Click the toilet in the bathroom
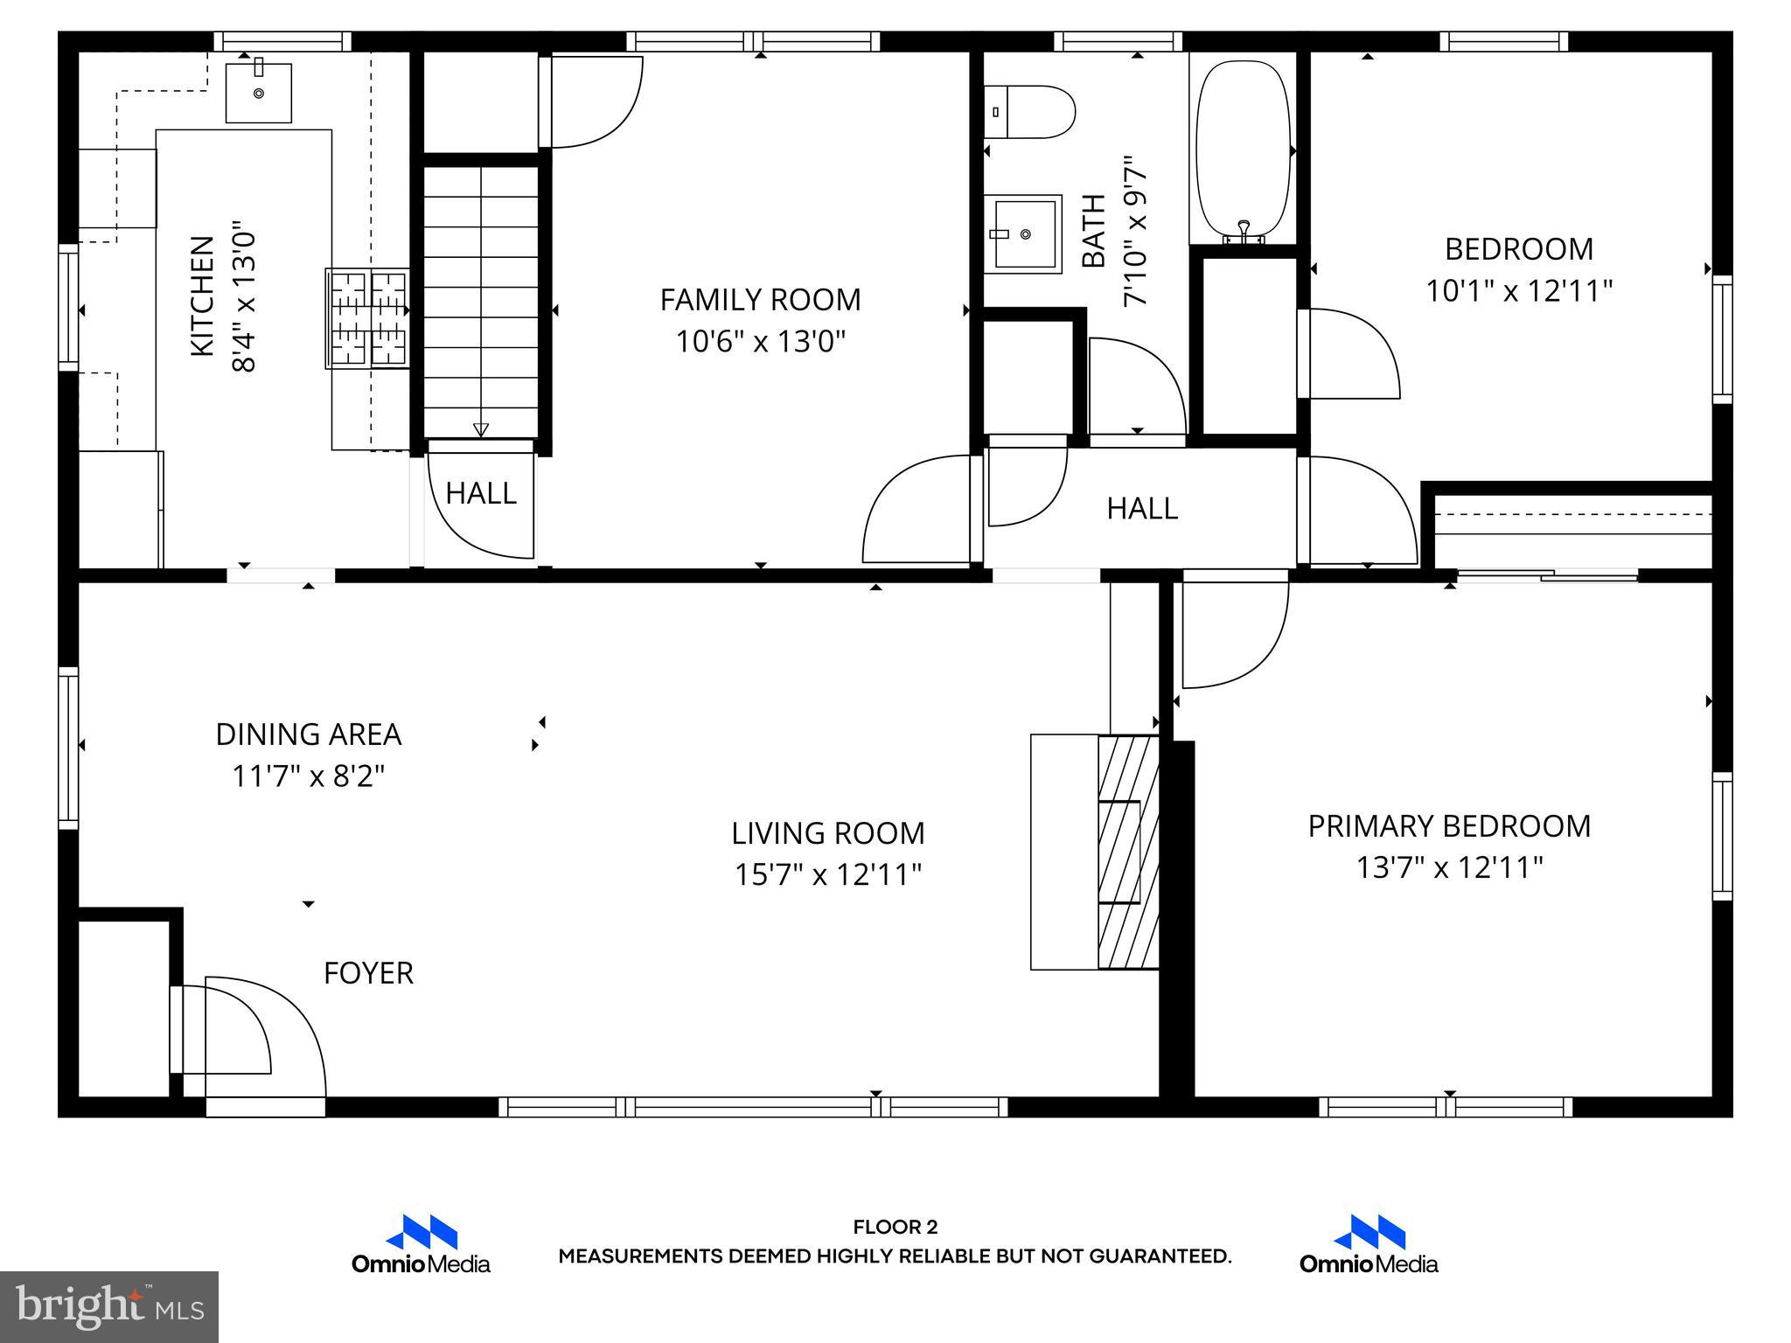point(1030,112)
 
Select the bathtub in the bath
point(1243,149)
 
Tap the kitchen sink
point(259,93)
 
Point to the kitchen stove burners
point(367,318)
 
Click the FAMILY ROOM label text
point(760,300)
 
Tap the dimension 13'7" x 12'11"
point(1449,867)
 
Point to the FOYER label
point(368,973)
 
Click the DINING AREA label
point(309,734)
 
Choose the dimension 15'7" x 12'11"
point(828,874)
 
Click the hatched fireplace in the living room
point(1128,852)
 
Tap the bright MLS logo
point(109,1306)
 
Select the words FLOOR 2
point(895,1227)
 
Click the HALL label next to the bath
point(1142,508)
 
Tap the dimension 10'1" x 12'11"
point(1519,290)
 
